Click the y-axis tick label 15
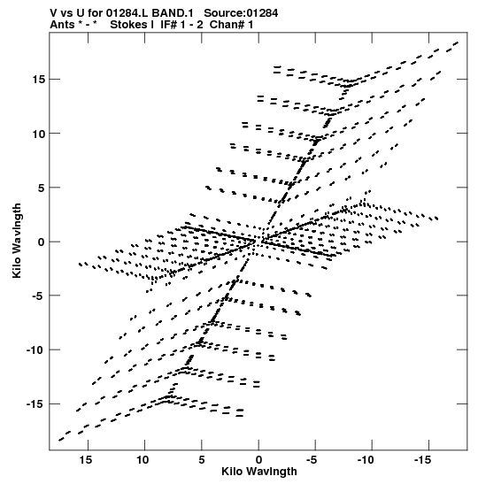pos(39,80)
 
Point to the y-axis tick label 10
pos(39,134)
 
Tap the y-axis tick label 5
pos(42,188)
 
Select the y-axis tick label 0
pos(42,242)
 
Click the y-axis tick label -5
pos(39,296)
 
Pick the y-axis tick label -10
pos(35,350)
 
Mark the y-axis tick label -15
pos(35,404)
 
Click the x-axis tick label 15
pos(86,460)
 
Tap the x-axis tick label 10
pos(143,460)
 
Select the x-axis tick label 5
pos(202,460)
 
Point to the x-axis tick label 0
pos(258,460)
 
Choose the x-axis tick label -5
pos(312,460)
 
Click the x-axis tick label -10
pos(366,460)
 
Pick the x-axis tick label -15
pos(423,460)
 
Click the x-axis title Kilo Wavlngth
pos(259,472)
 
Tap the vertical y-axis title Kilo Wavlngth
pos(17,241)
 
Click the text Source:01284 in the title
pos(241,13)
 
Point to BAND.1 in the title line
pos(173,13)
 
